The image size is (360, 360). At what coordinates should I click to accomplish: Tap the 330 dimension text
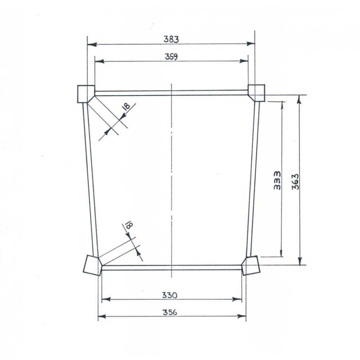(x=170, y=295)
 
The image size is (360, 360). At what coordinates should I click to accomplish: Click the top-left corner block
(x=85, y=94)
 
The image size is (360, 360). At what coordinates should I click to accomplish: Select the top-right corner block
(x=257, y=92)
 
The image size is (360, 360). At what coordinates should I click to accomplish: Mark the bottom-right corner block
(x=250, y=265)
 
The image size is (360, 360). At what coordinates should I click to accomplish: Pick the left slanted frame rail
(x=90, y=180)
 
